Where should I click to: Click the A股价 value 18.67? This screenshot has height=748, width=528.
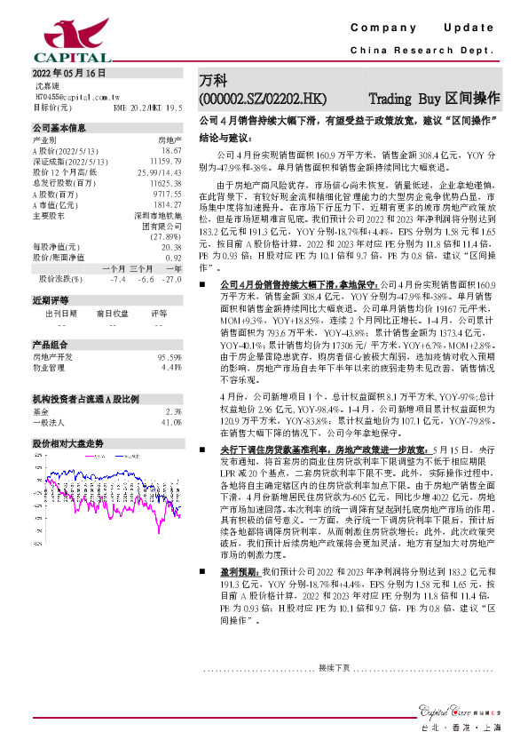pos(172,152)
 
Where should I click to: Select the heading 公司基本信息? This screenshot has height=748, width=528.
pos(59,128)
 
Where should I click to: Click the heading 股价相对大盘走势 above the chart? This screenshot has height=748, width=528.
pos(68,442)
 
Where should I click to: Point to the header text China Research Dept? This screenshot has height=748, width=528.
pos(422,51)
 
